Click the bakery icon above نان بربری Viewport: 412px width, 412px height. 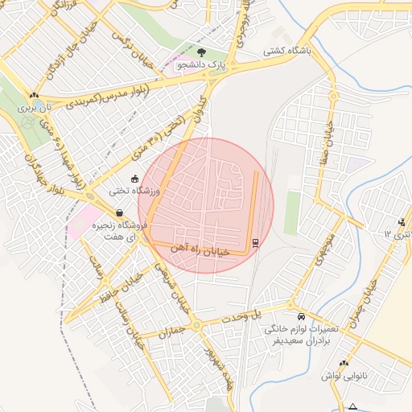[35, 95]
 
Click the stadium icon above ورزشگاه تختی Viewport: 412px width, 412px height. [134, 179]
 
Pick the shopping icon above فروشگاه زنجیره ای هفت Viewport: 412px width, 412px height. [119, 214]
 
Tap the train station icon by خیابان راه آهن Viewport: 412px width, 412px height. [256, 243]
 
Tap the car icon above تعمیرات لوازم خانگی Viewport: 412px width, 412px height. [301, 317]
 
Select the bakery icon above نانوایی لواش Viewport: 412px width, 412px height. [344, 363]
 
